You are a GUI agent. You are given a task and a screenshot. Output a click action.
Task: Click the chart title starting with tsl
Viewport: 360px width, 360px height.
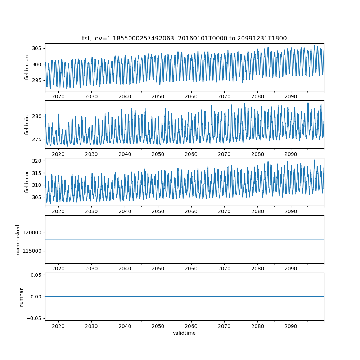click(184, 39)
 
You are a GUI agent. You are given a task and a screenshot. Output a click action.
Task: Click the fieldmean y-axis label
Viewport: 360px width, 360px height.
click(27, 68)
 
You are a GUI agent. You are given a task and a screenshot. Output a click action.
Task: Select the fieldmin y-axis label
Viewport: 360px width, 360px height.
click(27, 125)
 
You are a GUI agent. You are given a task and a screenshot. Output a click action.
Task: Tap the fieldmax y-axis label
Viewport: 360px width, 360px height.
click(27, 182)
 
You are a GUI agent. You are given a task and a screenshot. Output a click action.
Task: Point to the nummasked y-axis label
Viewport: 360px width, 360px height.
click(18, 240)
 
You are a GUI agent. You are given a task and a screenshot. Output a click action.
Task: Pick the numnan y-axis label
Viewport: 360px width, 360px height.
click(21, 297)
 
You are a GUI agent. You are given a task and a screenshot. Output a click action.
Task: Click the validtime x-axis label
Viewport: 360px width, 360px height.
click(184, 333)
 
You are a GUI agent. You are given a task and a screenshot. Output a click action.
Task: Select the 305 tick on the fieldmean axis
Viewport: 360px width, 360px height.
click(37, 49)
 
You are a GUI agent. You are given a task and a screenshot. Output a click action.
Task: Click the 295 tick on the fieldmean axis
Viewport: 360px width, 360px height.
click(37, 80)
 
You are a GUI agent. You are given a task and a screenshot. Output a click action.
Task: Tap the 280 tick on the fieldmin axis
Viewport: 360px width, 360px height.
click(37, 116)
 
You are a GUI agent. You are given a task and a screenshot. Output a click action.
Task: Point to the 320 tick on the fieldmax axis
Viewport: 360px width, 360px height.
click(37, 161)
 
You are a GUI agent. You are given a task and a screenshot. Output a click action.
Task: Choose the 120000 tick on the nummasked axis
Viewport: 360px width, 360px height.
click(32, 233)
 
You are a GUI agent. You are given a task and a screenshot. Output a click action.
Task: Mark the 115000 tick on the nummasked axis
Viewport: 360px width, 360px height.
click(32, 251)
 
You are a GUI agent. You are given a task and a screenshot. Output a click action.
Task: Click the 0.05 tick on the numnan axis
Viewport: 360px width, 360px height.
click(36, 275)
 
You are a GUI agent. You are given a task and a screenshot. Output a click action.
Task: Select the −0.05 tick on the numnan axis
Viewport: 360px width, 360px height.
click(34, 319)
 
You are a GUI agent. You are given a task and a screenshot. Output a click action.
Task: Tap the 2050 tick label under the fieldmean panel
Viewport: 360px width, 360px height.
click(158, 96)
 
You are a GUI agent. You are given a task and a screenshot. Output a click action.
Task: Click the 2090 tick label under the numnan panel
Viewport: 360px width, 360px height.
click(291, 326)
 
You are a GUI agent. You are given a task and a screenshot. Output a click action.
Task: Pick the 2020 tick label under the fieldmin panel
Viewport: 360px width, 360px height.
click(58, 154)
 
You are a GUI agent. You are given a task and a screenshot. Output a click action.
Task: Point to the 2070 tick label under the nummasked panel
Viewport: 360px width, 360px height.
click(224, 269)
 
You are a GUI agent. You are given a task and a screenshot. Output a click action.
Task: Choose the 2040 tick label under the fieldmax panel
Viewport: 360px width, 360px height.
click(125, 211)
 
